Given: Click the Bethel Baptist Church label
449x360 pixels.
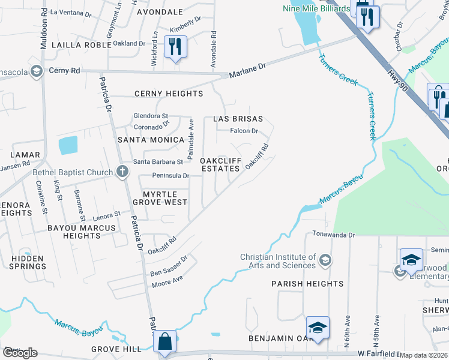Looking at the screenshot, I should pyautogui.click(x=73, y=173).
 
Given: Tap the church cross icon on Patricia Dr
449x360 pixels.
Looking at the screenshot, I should pyautogui.click(x=122, y=172).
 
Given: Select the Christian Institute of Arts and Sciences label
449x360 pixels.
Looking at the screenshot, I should pyautogui.click(x=278, y=261).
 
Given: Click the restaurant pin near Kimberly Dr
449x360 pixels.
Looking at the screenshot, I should pyautogui.click(x=175, y=47).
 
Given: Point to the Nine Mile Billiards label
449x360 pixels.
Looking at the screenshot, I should pyautogui.click(x=316, y=8).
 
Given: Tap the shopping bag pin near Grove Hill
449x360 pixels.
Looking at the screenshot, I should pyautogui.click(x=164, y=342).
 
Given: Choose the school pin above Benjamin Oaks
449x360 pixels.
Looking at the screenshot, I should pyautogui.click(x=318, y=328).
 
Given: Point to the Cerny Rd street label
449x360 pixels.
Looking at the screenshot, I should pyautogui.click(x=64, y=70).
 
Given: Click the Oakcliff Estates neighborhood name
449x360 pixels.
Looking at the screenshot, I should pyautogui.click(x=220, y=165).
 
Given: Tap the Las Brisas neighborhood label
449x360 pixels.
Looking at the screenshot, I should pyautogui.click(x=238, y=119).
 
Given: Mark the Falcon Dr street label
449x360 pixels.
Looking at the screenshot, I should pyautogui.click(x=244, y=131).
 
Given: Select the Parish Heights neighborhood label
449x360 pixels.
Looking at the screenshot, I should pyautogui.click(x=307, y=284).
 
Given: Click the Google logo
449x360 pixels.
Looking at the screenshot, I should pyautogui.click(x=20, y=352).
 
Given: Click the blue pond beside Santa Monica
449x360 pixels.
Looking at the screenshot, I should pyautogui.click(x=68, y=145).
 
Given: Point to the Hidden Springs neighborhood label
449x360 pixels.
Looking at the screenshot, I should pyautogui.click(x=27, y=262).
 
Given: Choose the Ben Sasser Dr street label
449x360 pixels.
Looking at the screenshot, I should pyautogui.click(x=169, y=265).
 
